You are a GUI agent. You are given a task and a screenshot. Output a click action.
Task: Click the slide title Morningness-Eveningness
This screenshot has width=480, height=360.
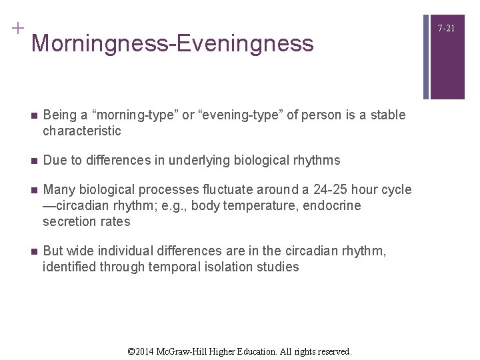click(x=172, y=43)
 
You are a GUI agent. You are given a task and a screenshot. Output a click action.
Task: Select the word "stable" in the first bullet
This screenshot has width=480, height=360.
click(x=387, y=115)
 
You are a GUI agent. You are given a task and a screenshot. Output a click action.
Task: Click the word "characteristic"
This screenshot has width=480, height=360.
click(x=82, y=131)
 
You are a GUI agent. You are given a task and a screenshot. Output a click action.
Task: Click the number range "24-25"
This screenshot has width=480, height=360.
click(x=315, y=189)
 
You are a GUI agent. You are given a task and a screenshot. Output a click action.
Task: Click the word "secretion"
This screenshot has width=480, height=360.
click(x=69, y=221)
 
